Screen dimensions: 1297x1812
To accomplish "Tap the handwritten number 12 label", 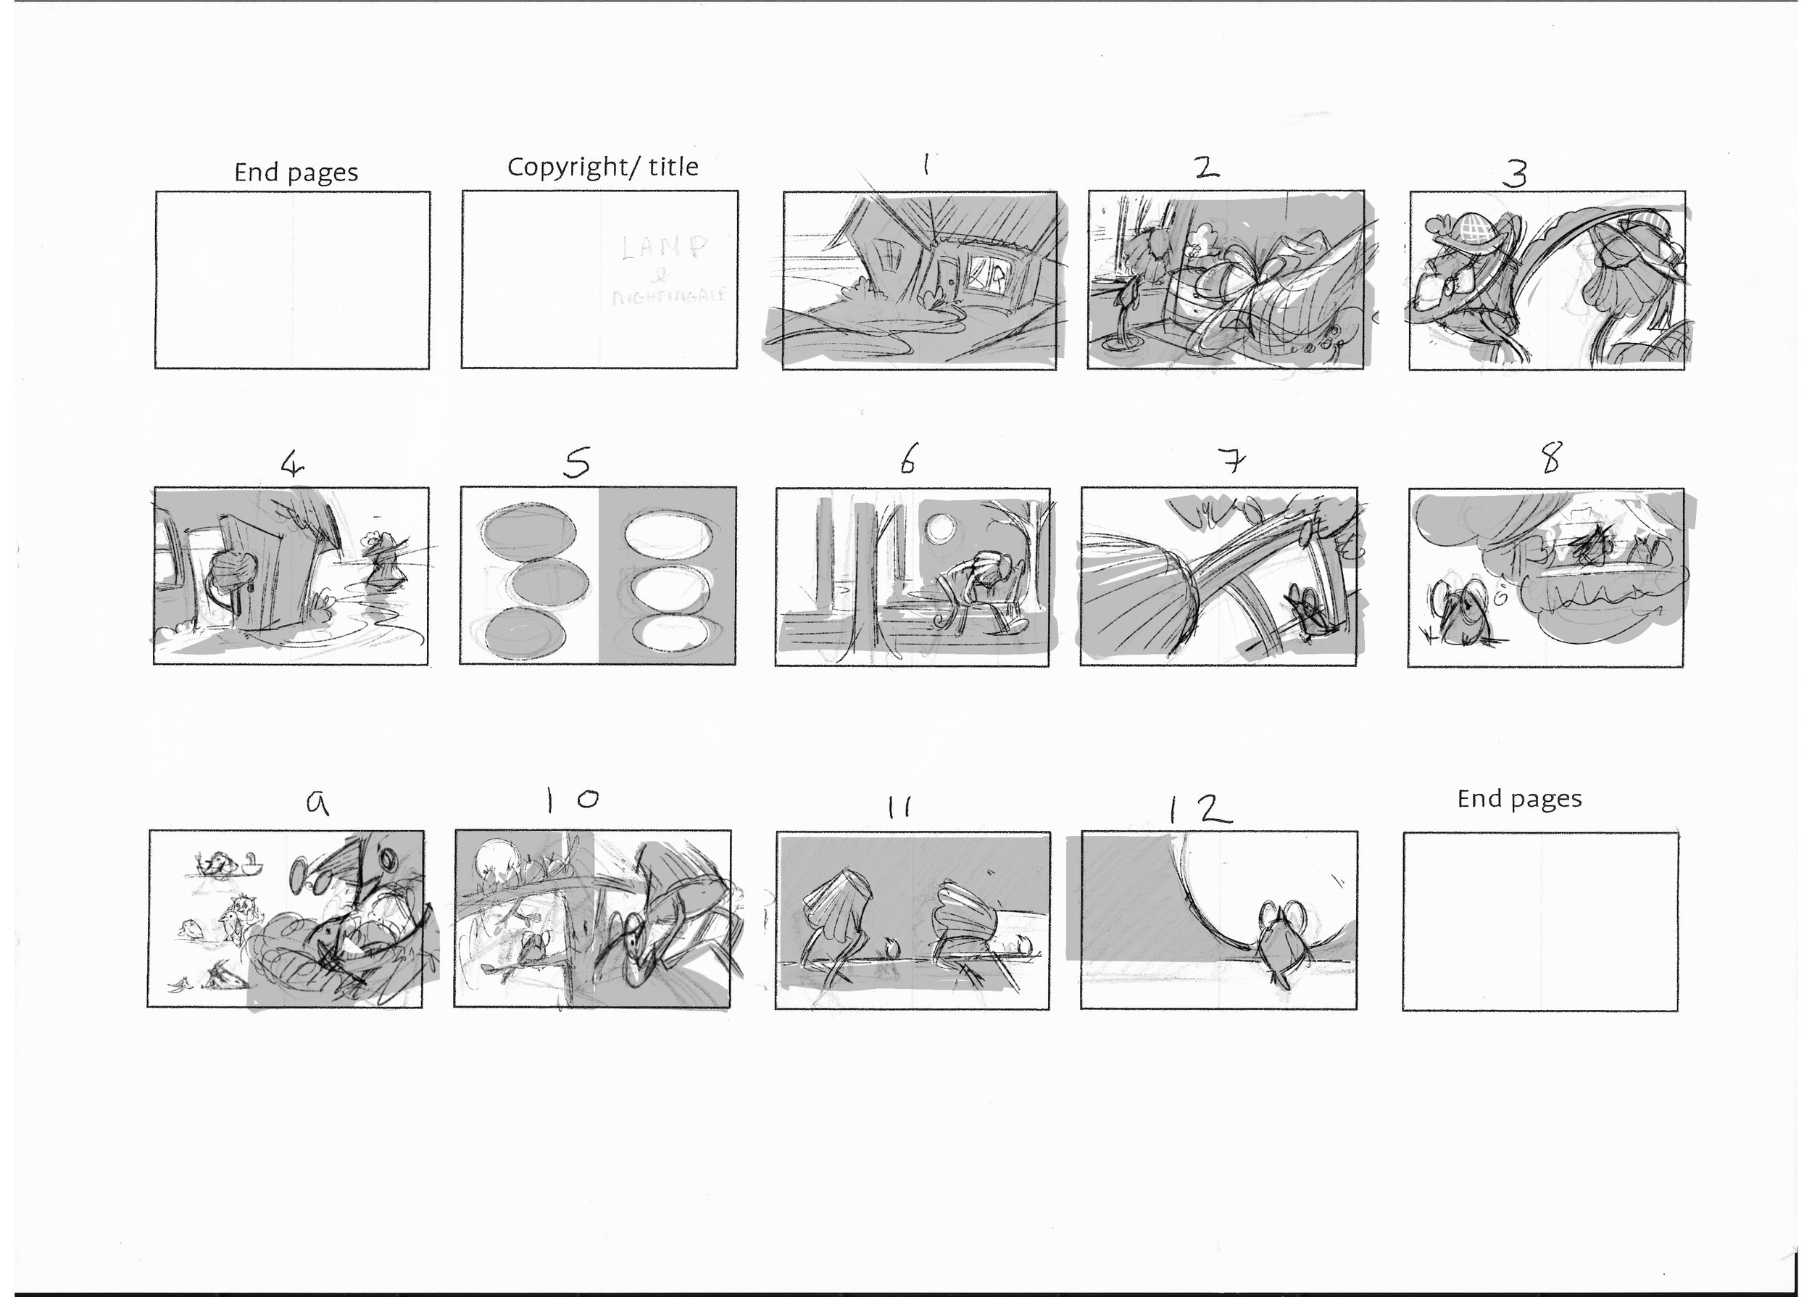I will (1200, 808).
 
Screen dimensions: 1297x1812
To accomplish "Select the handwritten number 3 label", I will (1514, 174).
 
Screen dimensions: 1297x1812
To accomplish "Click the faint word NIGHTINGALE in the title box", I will (669, 297).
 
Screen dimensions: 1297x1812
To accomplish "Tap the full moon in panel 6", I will (939, 527).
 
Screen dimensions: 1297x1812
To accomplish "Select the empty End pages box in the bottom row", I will (1539, 921).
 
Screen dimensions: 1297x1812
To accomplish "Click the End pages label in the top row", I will (295, 173).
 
